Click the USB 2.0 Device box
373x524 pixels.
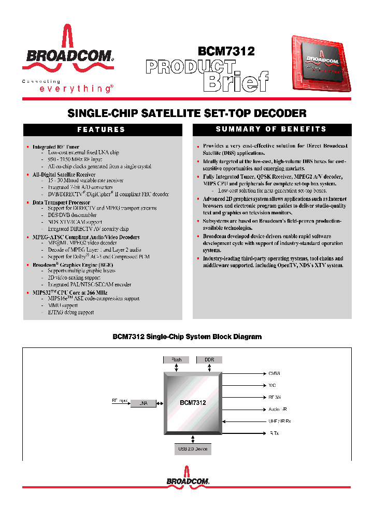click(192, 449)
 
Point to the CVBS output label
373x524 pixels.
click(274, 373)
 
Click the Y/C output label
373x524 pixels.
click(272, 385)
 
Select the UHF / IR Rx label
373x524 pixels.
click(280, 421)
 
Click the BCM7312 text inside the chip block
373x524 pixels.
click(193, 402)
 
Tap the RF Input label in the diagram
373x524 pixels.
click(119, 400)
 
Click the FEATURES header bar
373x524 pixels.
click(101, 129)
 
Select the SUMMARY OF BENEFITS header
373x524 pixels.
click(271, 129)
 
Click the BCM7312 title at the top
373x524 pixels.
click(226, 51)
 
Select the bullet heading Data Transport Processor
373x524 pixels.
click(61, 202)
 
